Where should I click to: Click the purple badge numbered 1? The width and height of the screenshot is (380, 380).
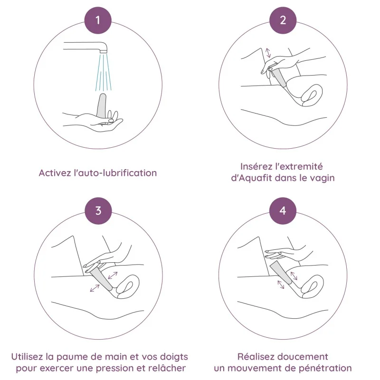(98, 20)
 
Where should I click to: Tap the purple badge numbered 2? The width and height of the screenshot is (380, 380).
(283, 20)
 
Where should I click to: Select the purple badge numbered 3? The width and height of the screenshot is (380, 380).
(98, 210)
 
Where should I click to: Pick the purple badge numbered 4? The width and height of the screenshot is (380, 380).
(283, 210)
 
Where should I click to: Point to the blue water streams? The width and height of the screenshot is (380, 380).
(104, 72)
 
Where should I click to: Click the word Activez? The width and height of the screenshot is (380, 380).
(55, 173)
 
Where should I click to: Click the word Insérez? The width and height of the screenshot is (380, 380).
(256, 167)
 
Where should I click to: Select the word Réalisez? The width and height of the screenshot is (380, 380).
(256, 357)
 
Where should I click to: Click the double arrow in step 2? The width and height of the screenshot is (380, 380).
(268, 53)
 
